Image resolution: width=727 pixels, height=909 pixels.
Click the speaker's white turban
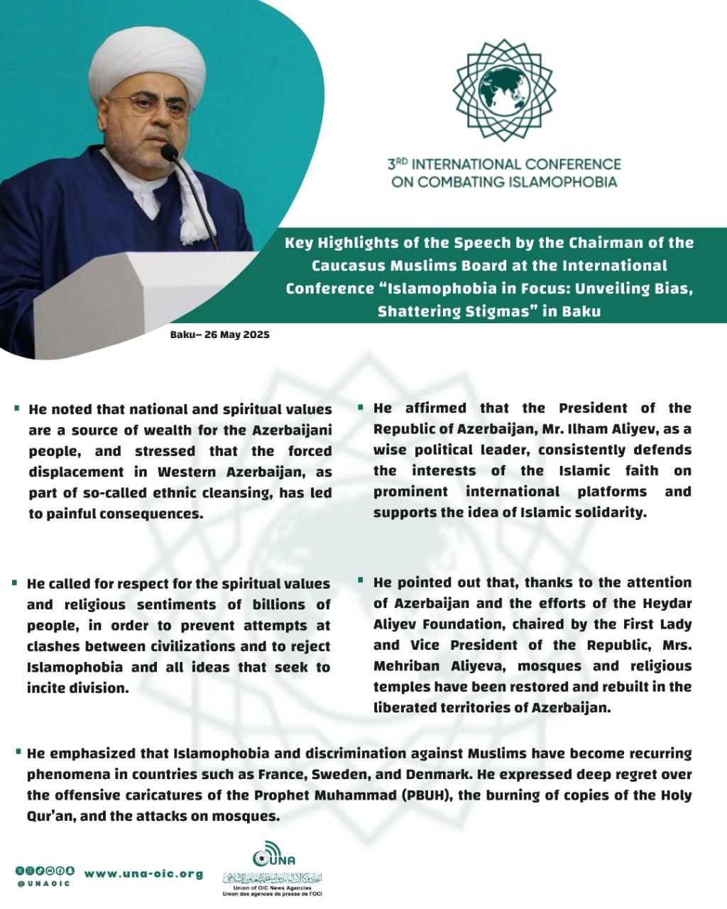(147, 64)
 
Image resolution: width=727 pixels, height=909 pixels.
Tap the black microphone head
(169, 151)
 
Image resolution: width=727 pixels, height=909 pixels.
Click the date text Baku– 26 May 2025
(219, 334)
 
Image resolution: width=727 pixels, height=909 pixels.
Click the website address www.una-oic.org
(143, 874)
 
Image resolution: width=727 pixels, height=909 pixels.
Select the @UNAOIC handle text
(44, 883)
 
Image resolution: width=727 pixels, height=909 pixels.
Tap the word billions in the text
(279, 605)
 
